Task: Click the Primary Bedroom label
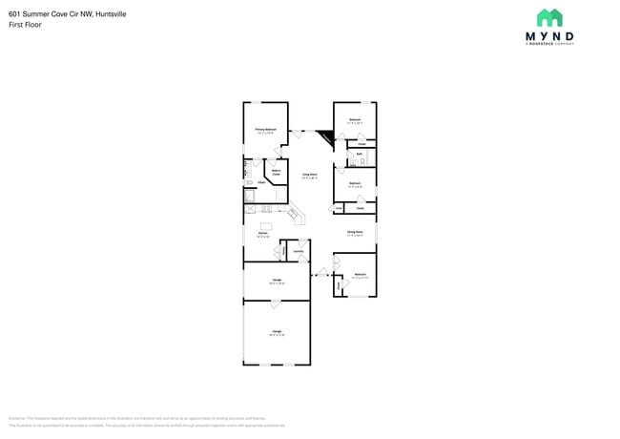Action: point(265,129)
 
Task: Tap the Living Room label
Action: point(310,175)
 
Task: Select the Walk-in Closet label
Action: point(276,174)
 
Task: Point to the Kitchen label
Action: point(262,233)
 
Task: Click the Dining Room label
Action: point(354,232)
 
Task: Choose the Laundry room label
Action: point(298,251)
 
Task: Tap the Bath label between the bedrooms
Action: point(360,153)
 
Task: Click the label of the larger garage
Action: point(276,332)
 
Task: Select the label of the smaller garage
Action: point(276,282)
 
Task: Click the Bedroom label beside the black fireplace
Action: point(354,120)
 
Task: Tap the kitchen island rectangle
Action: point(267,226)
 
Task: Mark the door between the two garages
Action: point(276,303)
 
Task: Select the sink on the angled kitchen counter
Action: point(295,215)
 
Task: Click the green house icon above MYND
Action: point(549,17)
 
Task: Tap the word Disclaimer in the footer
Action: point(16,418)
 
